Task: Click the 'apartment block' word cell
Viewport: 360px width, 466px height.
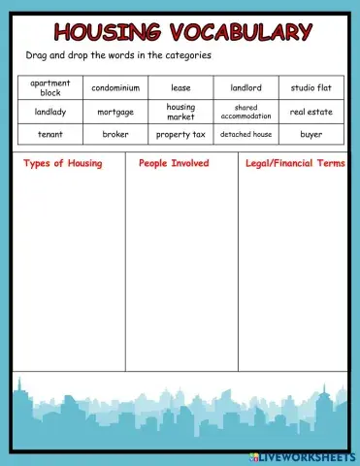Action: [x=50, y=88]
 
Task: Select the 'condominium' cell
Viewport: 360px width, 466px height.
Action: [x=115, y=88]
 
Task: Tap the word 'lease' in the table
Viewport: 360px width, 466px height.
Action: [x=180, y=88]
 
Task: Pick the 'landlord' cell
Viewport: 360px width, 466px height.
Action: [x=245, y=88]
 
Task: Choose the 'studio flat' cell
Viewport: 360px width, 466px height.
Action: [x=311, y=88]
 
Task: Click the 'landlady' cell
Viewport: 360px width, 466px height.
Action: [x=50, y=112]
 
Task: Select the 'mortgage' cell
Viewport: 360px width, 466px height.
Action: [x=115, y=112]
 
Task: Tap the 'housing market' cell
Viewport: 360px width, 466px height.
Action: [x=180, y=112]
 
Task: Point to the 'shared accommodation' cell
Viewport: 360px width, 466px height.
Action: [x=245, y=112]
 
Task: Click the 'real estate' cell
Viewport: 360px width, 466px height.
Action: [x=311, y=112]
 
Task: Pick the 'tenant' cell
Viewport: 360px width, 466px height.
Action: [x=50, y=134]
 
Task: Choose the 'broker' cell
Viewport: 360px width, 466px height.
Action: [x=115, y=134]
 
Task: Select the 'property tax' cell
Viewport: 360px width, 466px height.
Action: [x=180, y=134]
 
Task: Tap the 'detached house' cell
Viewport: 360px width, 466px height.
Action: [x=245, y=134]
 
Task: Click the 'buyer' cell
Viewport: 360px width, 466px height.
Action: [x=311, y=134]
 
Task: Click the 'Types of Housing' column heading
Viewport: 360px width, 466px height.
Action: [x=62, y=164]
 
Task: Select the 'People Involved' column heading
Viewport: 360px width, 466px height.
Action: [x=174, y=164]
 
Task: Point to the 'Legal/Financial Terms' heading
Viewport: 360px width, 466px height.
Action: [x=295, y=164]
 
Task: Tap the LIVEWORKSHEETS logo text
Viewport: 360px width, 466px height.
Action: [x=306, y=455]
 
